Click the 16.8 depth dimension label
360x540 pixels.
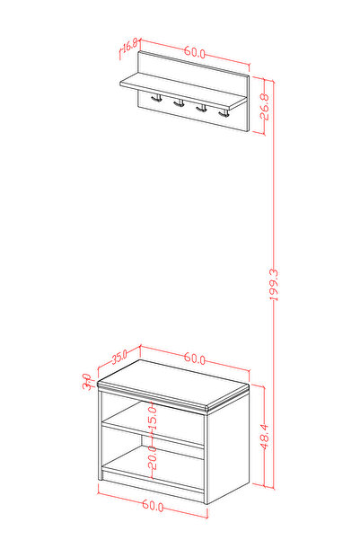[x=130, y=45]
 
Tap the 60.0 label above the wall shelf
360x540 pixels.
[x=195, y=51]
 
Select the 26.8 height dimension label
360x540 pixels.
[x=265, y=106]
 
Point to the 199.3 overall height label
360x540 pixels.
[x=274, y=285]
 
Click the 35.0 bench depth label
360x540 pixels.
[x=119, y=357]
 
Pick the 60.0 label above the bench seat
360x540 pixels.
[x=195, y=358]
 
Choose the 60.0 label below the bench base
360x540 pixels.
[x=153, y=505]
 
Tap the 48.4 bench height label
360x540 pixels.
[x=265, y=437]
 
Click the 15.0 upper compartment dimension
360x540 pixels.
[x=153, y=418]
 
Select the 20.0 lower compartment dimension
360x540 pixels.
[x=153, y=457]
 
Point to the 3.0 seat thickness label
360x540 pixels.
[x=87, y=382]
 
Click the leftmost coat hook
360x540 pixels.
[x=156, y=98]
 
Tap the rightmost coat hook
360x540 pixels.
[x=224, y=113]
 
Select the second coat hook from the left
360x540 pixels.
[x=179, y=103]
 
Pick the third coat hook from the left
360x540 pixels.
[x=202, y=108]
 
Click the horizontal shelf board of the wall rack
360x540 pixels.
[x=183, y=92]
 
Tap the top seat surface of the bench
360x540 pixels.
[x=173, y=383]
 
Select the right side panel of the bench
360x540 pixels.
[x=227, y=447]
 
